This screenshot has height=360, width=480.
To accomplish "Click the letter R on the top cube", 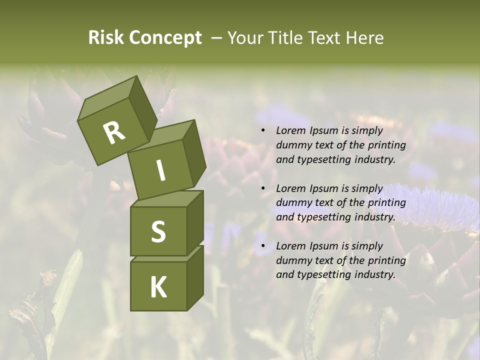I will (x=114, y=133).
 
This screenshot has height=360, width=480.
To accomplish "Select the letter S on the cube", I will (x=158, y=231).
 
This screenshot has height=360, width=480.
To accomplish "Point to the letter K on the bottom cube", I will (x=158, y=287).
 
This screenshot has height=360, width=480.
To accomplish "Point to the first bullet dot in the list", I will (x=263, y=131).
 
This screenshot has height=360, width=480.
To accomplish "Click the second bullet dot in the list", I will (x=263, y=189).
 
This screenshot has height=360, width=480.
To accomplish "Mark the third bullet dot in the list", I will (x=263, y=246).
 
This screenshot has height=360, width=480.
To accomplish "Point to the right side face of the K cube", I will (x=195, y=277).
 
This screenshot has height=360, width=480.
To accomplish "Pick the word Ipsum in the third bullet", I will (x=322, y=246).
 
